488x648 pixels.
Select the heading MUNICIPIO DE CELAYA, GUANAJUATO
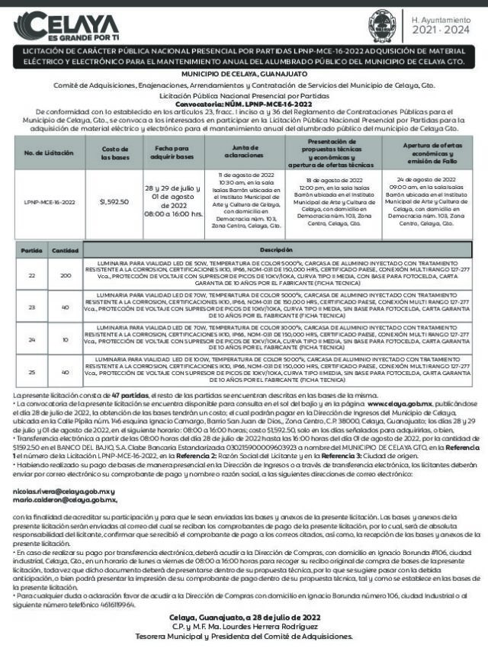click(x=244, y=74)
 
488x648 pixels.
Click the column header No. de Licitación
click(x=49, y=153)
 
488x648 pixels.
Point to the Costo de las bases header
click(x=115, y=153)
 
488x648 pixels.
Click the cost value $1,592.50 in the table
click(x=115, y=202)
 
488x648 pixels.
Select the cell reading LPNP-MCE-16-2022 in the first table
click(x=49, y=202)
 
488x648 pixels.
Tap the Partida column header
click(x=31, y=250)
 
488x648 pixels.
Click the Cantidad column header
click(x=65, y=250)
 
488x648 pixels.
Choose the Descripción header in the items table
click(x=276, y=249)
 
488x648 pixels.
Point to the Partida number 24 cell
click(x=31, y=339)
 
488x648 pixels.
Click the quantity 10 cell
click(x=65, y=339)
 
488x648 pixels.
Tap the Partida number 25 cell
click(x=31, y=372)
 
